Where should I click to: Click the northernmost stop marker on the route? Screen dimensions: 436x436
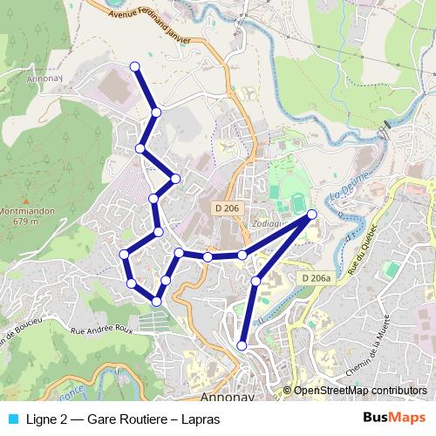tap(135, 66)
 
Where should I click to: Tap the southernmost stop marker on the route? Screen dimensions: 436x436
tap(242, 347)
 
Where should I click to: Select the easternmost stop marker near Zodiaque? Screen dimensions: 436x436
tap(312, 214)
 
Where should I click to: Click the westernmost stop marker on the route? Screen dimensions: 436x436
tap(125, 254)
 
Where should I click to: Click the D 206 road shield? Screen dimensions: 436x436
tap(225, 208)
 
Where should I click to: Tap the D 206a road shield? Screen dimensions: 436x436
tap(317, 278)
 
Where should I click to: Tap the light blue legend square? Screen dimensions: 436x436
tap(12, 419)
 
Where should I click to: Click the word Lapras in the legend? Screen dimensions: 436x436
tap(201, 419)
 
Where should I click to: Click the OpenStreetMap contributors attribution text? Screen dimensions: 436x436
tap(359, 391)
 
